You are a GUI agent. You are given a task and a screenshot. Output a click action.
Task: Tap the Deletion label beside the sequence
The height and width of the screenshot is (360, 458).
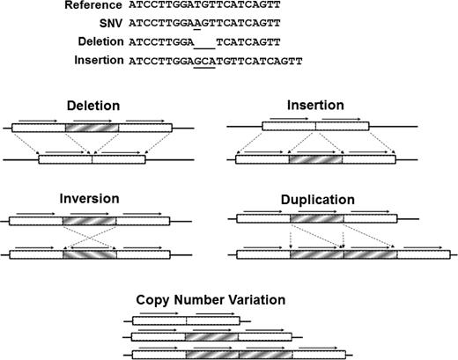coord(98,43)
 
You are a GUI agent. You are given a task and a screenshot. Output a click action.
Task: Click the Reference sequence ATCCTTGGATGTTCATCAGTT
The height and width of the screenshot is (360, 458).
coord(194,6)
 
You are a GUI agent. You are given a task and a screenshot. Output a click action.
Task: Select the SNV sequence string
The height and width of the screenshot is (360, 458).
coord(194,25)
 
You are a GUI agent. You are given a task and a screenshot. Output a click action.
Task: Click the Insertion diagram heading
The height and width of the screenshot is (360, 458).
coord(314,106)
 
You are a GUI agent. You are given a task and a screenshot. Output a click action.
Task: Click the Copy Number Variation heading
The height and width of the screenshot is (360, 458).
coord(211,300)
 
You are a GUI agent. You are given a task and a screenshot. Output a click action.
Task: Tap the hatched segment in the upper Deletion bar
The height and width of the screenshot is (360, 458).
coord(91,128)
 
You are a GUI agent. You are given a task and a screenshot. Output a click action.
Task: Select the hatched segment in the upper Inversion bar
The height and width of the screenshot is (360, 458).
coord(91,221)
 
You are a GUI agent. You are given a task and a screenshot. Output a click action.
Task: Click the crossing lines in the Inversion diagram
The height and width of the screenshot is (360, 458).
coord(91,238)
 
